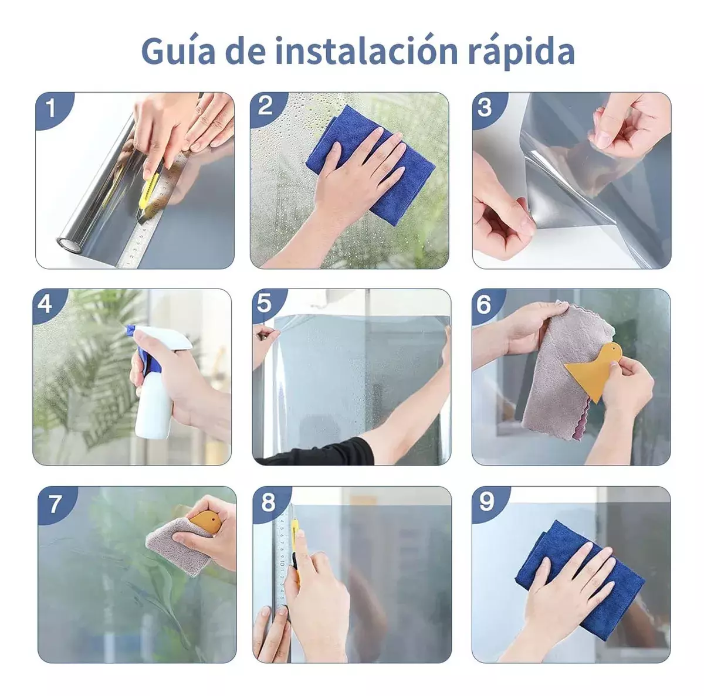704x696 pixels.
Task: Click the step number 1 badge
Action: (52, 108)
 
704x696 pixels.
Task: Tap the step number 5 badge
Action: (265, 303)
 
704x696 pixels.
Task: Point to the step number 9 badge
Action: (487, 501)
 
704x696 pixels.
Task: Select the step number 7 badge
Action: (55, 503)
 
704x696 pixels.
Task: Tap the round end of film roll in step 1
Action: (67, 243)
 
